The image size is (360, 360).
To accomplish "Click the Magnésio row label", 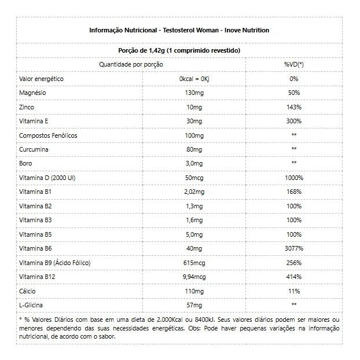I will (33, 93).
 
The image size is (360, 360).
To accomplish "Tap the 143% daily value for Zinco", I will (293, 107).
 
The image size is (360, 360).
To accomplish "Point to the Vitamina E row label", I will (34, 121).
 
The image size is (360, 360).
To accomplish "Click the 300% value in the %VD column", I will (293, 121).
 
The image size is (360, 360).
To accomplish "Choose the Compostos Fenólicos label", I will (48, 135).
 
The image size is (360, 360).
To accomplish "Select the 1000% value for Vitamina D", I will (293, 178).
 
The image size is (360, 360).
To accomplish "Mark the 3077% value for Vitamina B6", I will (293, 248).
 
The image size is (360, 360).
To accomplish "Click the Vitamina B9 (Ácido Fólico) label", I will (54, 262).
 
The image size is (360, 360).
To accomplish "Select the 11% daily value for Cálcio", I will (293, 291).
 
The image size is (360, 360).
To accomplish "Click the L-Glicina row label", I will (32, 304).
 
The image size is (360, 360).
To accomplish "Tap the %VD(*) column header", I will (293, 64).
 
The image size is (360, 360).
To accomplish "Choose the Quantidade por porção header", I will (131, 64).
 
